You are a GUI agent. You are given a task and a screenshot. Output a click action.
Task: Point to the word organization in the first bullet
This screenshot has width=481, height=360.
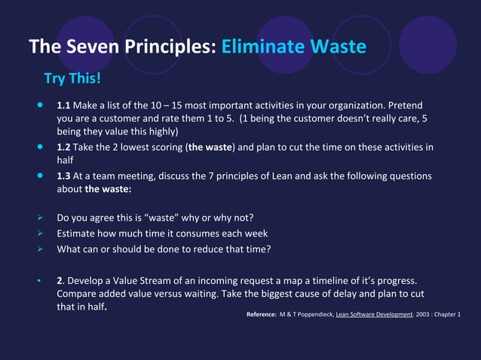[357, 104]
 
